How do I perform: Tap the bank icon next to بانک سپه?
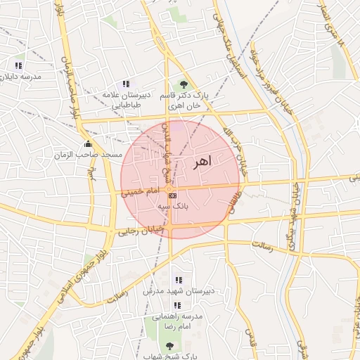(x=172, y=195)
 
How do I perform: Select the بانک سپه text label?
(x=173, y=207)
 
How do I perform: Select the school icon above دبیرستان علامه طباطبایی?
(x=126, y=84)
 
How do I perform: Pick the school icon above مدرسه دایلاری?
(x=18, y=65)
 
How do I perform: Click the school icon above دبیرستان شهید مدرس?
(x=177, y=280)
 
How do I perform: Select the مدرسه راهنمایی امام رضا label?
(x=177, y=322)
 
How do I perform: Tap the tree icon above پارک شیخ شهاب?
(x=169, y=346)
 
